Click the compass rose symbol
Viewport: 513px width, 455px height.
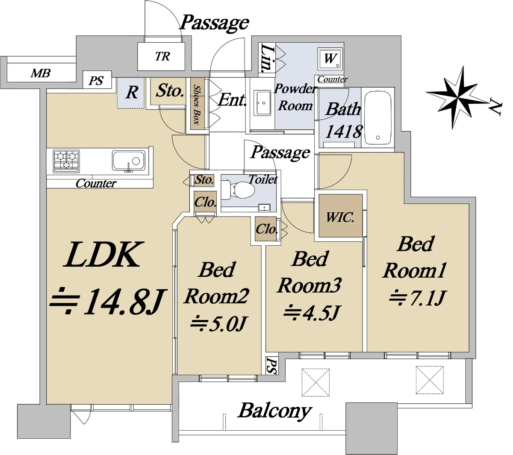(458, 97)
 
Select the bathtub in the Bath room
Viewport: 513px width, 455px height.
(377, 118)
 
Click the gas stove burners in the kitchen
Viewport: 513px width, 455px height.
(66, 161)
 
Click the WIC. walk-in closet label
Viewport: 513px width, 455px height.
(340, 217)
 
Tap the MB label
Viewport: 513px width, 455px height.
(41, 73)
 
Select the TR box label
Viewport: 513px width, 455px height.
(162, 56)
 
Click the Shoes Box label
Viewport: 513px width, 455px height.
(197, 105)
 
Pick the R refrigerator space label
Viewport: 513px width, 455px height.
(132, 92)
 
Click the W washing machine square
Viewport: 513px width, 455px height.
(330, 59)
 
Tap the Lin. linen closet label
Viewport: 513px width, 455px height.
(267, 58)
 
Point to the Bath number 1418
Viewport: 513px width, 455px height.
(344, 132)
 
